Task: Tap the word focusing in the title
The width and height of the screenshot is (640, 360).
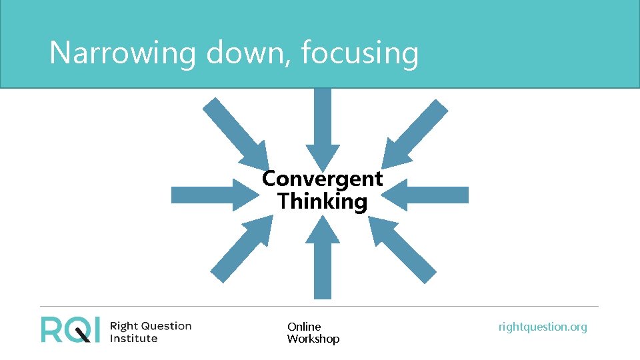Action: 359,53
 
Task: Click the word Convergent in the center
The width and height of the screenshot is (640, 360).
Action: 323,179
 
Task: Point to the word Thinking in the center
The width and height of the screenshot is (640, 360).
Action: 323,201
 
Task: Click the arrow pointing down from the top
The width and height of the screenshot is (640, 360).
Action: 323,127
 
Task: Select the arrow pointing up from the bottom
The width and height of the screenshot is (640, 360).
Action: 323,260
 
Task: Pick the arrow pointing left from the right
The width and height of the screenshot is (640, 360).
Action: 430,195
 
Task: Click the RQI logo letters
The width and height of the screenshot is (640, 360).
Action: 71,329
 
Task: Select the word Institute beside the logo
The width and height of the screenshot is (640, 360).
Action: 133,338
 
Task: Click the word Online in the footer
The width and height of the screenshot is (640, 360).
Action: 304,327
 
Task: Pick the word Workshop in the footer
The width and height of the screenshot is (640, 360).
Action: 313,339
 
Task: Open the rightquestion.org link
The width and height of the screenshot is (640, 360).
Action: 543,327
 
